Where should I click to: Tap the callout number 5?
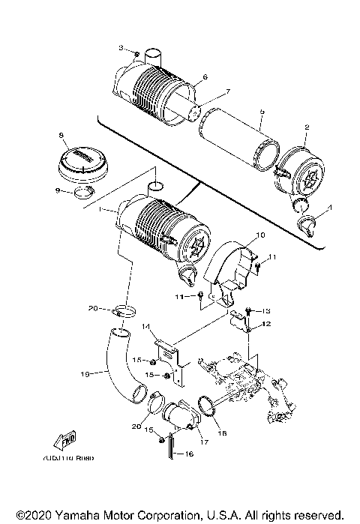tap(261, 111)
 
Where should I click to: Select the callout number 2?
tap(306, 128)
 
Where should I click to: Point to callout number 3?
tap(121, 48)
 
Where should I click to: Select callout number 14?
tap(148, 326)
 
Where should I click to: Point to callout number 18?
tap(220, 433)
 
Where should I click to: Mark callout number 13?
tap(264, 310)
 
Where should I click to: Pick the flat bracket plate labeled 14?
tap(172, 356)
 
